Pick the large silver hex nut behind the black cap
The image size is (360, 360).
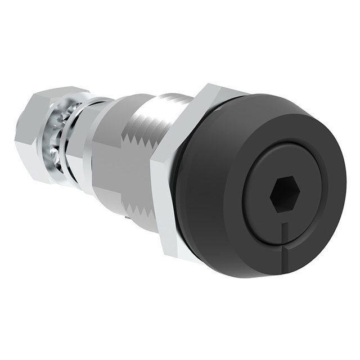(x=180, y=169)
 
